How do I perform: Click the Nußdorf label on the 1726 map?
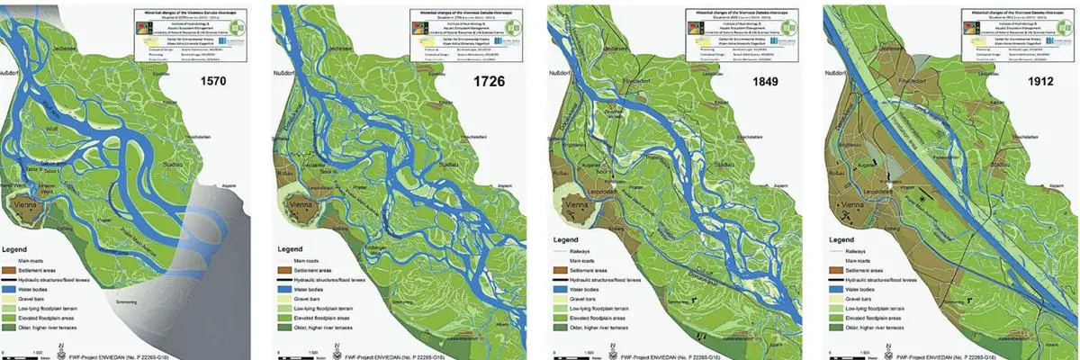(x=286, y=71)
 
